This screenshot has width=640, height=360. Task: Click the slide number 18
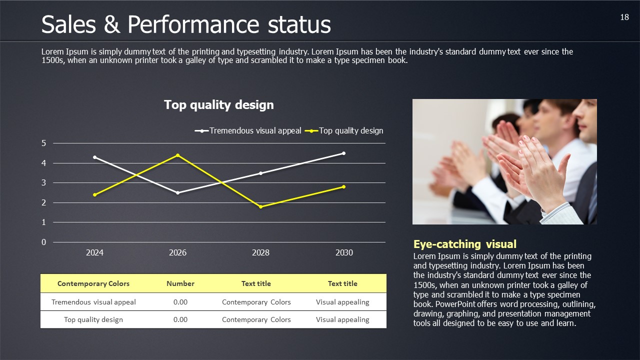click(x=624, y=17)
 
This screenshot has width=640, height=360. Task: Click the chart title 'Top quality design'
click(x=219, y=105)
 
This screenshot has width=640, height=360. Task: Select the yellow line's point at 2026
click(x=177, y=155)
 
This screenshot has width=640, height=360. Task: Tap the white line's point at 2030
click(x=343, y=153)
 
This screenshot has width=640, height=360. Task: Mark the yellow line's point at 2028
click(x=260, y=206)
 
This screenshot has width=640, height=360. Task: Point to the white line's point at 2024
click(x=95, y=157)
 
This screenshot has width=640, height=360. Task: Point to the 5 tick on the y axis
click(x=44, y=143)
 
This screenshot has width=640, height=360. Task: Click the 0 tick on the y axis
click(x=44, y=242)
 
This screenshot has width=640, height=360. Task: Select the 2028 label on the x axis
click(x=260, y=252)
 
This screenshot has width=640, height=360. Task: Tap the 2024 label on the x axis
click(x=95, y=252)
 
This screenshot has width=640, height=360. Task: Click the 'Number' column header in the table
click(x=180, y=283)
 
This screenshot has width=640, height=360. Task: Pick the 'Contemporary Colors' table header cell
click(x=93, y=283)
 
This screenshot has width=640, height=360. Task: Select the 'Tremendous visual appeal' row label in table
click(x=93, y=302)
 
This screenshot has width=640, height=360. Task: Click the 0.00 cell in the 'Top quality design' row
click(x=180, y=319)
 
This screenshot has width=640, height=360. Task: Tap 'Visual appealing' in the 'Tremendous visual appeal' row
click(x=342, y=302)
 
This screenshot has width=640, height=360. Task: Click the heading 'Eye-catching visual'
click(x=465, y=244)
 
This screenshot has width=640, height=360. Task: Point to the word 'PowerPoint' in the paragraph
click(x=455, y=304)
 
